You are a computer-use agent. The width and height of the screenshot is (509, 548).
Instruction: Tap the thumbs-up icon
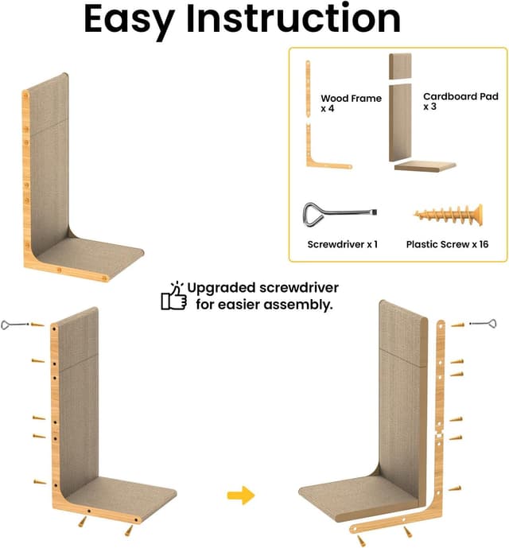[174, 296]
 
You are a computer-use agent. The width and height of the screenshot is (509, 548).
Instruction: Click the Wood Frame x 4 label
[351, 103]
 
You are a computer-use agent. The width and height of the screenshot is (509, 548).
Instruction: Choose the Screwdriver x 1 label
[342, 244]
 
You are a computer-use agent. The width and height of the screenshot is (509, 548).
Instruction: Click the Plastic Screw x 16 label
[446, 244]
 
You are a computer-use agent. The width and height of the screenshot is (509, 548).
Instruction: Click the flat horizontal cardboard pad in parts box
[425, 166]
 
